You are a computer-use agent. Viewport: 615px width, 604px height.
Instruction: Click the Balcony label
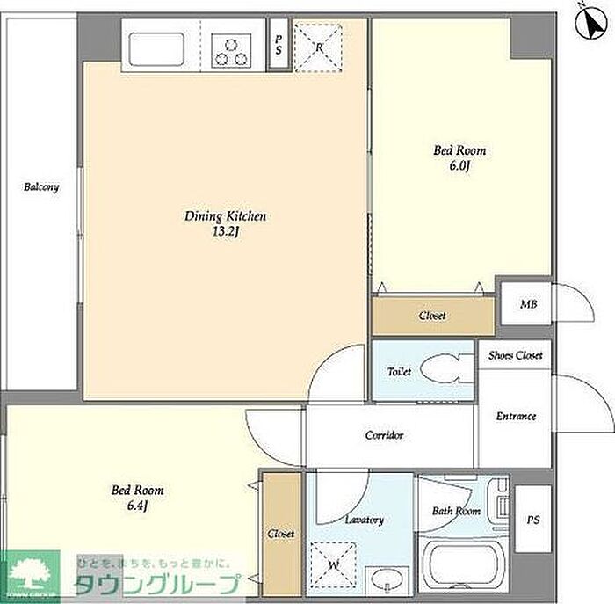pyautogui.click(x=41, y=186)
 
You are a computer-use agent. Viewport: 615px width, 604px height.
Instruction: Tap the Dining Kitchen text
pyautogui.click(x=225, y=216)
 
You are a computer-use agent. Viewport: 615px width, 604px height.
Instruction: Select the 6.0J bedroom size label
pyautogui.click(x=459, y=165)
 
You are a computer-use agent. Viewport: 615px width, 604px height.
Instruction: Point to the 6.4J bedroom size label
pyautogui.click(x=137, y=506)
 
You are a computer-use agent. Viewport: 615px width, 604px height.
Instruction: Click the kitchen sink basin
pyautogui.click(x=156, y=49)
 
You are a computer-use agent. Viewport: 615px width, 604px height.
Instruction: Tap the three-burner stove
pyautogui.click(x=231, y=51)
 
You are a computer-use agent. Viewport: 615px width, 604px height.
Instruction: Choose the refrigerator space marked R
pyautogui.click(x=318, y=47)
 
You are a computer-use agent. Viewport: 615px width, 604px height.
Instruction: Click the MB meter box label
pyautogui.click(x=528, y=304)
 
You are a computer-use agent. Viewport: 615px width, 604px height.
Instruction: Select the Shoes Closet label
pyautogui.click(x=516, y=355)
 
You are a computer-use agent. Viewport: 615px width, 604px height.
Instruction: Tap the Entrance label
pyautogui.click(x=516, y=416)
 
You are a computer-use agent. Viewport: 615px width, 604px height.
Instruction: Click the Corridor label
pyautogui.click(x=384, y=435)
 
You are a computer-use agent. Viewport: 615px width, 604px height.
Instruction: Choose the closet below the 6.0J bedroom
pyautogui.click(x=433, y=317)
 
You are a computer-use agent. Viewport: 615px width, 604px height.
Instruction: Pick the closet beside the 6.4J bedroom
pyautogui.click(x=281, y=534)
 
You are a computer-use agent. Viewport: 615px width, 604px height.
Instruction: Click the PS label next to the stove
pyautogui.click(x=279, y=45)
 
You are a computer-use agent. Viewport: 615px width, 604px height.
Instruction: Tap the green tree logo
pyautogui.click(x=30, y=575)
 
